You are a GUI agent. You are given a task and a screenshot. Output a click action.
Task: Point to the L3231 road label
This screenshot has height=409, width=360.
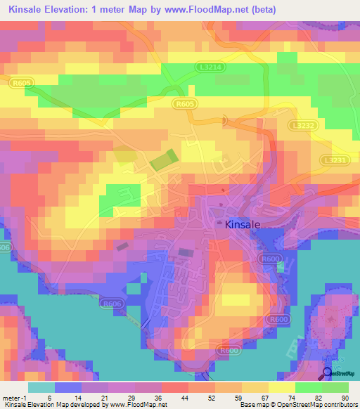point(335,160)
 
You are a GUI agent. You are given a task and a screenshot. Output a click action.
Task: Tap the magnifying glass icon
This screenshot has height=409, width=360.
point(328,372)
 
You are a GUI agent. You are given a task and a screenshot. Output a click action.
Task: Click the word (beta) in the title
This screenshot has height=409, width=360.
point(256,10)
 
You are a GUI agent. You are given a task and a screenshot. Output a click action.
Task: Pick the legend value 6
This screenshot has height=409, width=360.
point(49,396)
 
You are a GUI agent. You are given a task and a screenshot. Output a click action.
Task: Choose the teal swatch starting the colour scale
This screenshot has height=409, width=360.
point(41,387)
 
